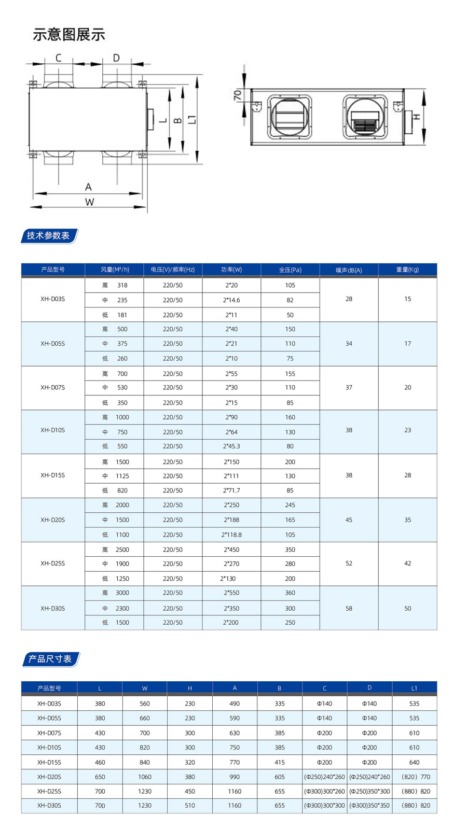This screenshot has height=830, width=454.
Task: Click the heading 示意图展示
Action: pyautogui.click(x=69, y=35)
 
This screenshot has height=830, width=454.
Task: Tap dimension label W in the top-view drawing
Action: pyautogui.click(x=89, y=202)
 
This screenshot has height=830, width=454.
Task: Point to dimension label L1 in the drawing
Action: pyautogui.click(x=192, y=119)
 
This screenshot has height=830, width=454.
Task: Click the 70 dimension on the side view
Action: pyautogui.click(x=238, y=95)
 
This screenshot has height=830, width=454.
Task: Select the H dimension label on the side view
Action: pyautogui.click(x=416, y=117)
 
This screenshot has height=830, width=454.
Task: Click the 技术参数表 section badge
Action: pyautogui.click(x=49, y=236)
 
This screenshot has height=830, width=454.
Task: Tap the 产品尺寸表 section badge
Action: pyautogui.click(x=50, y=659)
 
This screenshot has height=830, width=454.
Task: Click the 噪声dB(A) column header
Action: pyautogui.click(x=349, y=270)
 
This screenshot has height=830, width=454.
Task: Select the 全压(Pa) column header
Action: pyautogui.click(x=290, y=270)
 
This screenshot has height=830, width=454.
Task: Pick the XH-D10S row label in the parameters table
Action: pyautogui.click(x=52, y=430)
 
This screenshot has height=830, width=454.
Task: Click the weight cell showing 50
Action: pyautogui.click(x=407, y=609)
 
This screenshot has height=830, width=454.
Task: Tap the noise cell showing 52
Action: pyautogui.click(x=349, y=564)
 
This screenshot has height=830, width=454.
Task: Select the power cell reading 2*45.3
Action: pyautogui.click(x=231, y=446)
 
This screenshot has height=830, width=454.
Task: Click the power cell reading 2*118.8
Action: pyautogui.click(x=231, y=534)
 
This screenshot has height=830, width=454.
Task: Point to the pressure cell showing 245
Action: pyautogui.click(x=290, y=505)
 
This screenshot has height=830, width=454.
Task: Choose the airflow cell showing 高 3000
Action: pyautogui.click(x=115, y=593)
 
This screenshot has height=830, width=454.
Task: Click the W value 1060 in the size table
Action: pyautogui.click(x=145, y=777)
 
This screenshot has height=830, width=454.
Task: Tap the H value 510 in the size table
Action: pyautogui.click(x=190, y=806)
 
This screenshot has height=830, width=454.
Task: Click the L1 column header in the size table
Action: pyautogui.click(x=414, y=688)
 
